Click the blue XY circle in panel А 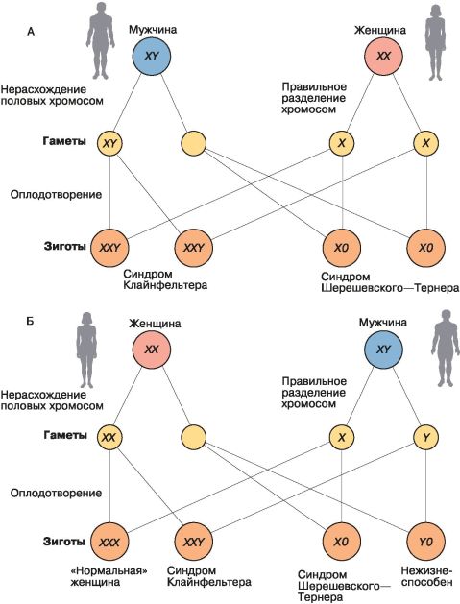151,57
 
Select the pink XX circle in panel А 383,57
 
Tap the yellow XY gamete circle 109,143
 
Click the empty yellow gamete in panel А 193,143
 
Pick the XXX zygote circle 109,542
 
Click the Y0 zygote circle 425,542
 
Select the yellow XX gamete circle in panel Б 109,438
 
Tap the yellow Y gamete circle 425,438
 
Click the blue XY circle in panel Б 383,350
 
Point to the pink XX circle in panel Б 151,350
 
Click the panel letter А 31,31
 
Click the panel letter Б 30,321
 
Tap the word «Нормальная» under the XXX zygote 109,570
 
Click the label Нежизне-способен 426,576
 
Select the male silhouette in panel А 101,39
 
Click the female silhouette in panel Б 86,350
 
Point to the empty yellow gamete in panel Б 193,438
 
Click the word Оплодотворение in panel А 57,195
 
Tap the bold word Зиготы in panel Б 64,542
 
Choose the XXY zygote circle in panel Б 193,542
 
